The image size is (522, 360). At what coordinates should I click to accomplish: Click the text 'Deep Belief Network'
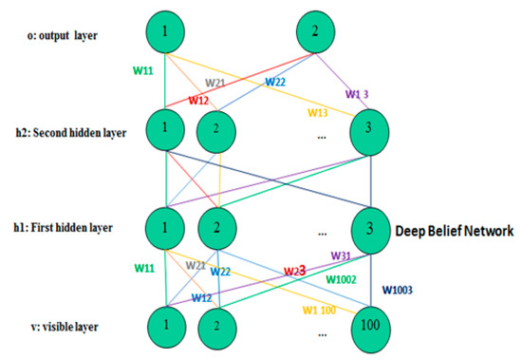pyautogui.click(x=457, y=230)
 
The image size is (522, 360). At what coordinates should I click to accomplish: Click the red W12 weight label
pyautogui.click(x=198, y=100)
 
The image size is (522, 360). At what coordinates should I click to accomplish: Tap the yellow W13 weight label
pyautogui.click(x=318, y=113)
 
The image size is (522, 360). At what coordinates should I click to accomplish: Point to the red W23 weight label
pyautogui.click(x=296, y=271)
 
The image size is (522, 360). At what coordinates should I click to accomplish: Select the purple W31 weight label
pyautogui.click(x=341, y=256)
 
